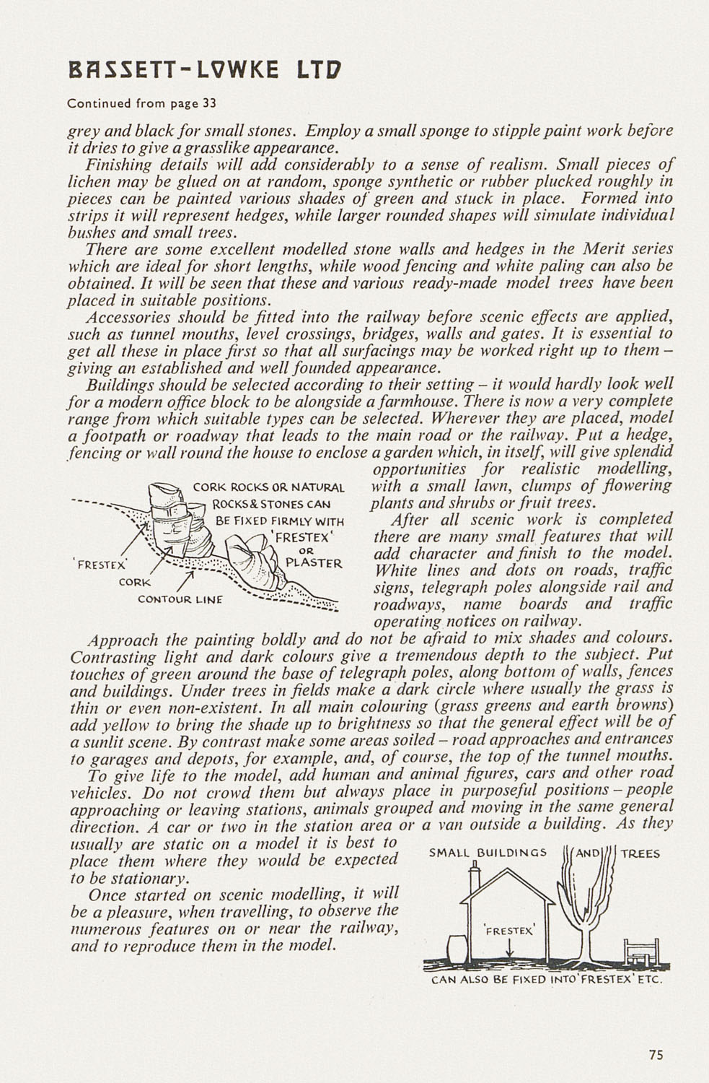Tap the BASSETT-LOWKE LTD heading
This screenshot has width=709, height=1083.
click(203, 70)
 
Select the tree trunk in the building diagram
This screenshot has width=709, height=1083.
click(584, 931)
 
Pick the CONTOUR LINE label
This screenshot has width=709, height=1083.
click(180, 599)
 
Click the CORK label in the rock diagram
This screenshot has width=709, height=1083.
click(136, 582)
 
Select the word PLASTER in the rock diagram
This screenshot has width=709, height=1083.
click(313, 562)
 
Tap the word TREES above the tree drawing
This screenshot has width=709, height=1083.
click(640, 853)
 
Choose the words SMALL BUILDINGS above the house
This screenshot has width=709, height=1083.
click(488, 853)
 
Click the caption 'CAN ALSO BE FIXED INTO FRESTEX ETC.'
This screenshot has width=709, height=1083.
click(546, 980)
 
